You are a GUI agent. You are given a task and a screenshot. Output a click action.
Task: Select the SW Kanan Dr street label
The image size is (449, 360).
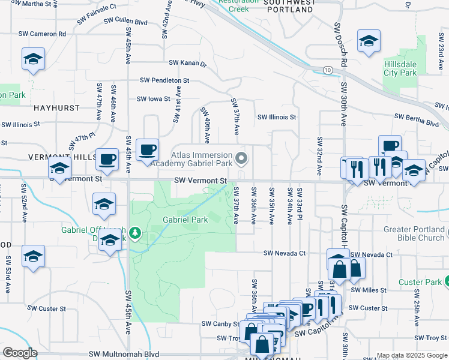click(187, 62)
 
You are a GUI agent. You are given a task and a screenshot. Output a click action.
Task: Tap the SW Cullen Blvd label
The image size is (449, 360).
click(125, 22)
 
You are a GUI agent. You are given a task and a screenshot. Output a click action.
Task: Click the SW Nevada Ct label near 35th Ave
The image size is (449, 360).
click(285, 254)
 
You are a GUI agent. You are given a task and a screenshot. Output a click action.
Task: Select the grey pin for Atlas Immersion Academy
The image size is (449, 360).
click(242, 158)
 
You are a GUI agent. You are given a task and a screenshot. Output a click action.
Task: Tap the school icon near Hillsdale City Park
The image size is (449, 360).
click(368, 40)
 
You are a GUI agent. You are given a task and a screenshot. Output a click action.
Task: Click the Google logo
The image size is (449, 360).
click(20, 353)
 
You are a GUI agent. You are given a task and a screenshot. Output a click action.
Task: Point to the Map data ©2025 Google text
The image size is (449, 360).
click(411, 355)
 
